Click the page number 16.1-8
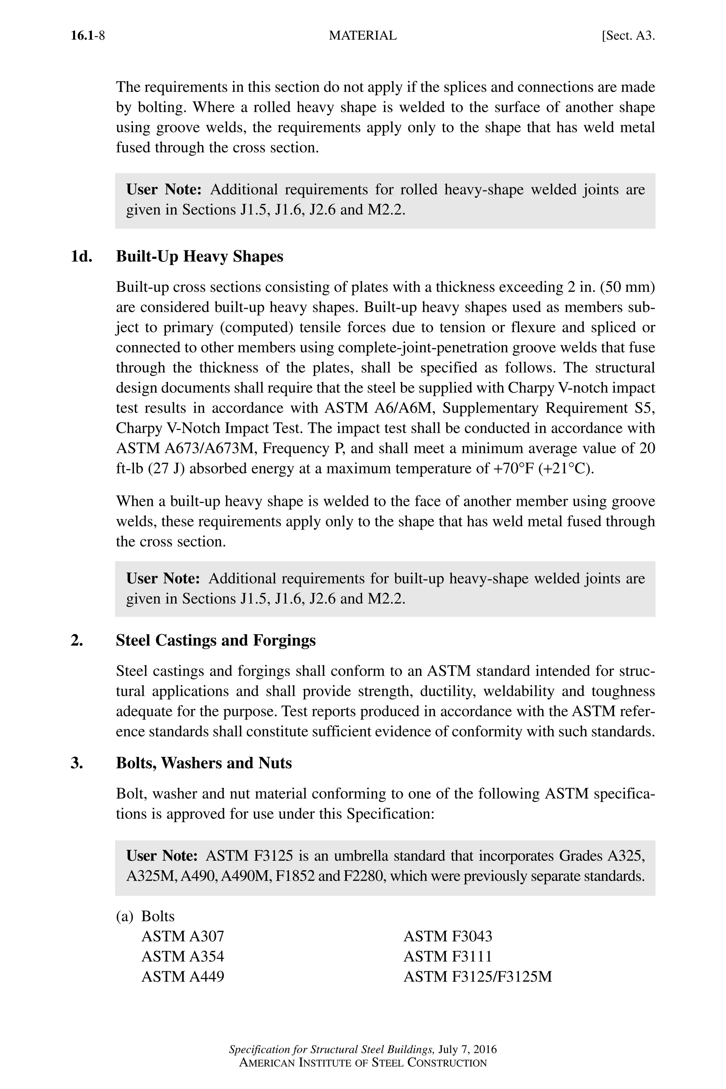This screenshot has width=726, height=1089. click(88, 36)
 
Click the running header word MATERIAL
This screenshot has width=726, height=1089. click(363, 36)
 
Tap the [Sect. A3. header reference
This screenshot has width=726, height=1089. click(628, 36)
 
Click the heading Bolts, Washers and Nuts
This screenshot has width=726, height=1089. click(204, 763)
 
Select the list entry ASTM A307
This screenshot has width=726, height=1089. click(183, 936)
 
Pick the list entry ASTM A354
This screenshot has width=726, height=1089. click(183, 956)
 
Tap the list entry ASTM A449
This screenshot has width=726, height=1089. click(183, 977)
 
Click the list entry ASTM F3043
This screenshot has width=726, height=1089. click(448, 936)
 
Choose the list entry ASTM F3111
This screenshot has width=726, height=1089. click(447, 956)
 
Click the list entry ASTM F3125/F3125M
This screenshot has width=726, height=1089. click(478, 977)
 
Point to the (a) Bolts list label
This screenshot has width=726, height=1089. click(145, 916)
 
